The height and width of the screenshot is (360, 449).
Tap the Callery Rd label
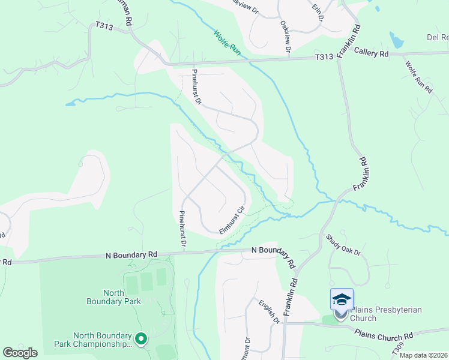[x=370, y=54]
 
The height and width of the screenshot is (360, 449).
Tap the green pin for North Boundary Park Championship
[x=141, y=340]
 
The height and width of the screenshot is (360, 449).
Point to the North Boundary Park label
[x=122, y=298]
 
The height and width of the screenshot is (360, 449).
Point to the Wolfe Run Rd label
[x=418, y=76]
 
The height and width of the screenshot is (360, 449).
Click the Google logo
[x=20, y=352]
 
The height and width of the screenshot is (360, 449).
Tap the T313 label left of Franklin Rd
[x=325, y=58]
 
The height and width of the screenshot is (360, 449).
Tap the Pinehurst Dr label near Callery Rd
[x=196, y=87]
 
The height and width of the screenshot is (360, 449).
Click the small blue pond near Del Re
[x=396, y=40]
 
